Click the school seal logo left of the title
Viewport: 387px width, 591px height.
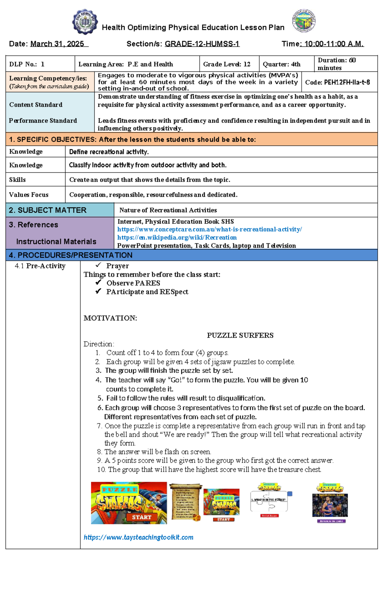coord(85,22)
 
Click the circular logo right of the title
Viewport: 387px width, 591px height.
coord(303,21)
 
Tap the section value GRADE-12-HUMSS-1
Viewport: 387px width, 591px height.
coord(202,44)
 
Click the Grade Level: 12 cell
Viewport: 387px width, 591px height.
coord(227,64)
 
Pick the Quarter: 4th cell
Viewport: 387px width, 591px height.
coord(282,64)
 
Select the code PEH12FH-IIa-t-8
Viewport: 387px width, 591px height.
coord(338,82)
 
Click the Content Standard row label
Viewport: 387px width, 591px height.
coord(36,105)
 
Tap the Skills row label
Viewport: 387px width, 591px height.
coord(17,180)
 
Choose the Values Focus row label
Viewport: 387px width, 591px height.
coord(29,195)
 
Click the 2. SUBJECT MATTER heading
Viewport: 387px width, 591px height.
coord(48,210)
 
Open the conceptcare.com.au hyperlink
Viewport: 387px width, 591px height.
coord(210,229)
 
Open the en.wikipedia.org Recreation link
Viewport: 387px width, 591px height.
coord(177,237)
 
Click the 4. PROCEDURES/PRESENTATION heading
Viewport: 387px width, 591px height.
coord(71,255)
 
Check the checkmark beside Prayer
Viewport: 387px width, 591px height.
coord(98,265)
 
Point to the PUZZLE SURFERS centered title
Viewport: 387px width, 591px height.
coord(240,335)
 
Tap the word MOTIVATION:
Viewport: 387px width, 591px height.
coord(110,318)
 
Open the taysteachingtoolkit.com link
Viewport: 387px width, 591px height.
coord(138,537)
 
